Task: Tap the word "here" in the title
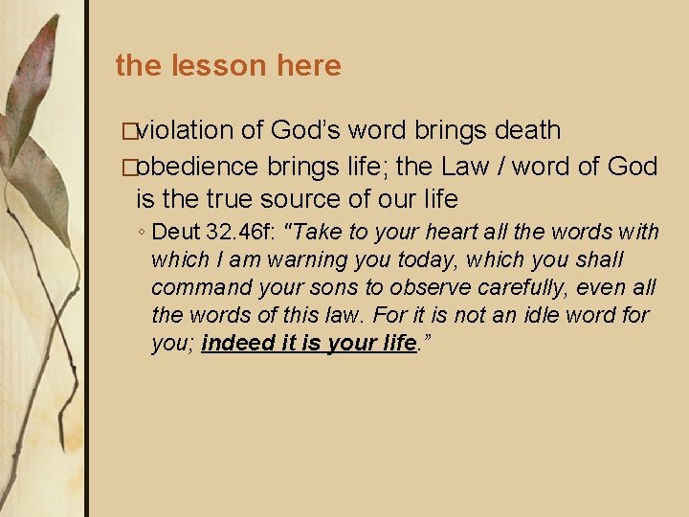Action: [309, 65]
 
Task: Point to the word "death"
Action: [526, 129]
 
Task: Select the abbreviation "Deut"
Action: [176, 232]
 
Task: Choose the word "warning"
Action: [290, 259]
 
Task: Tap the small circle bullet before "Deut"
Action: [140, 233]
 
